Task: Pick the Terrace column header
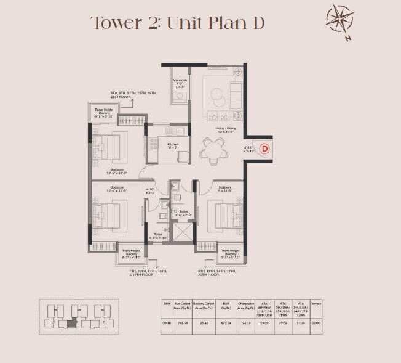pyautogui.click(x=316, y=304)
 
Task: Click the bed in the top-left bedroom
pyautogui.click(x=108, y=148)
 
